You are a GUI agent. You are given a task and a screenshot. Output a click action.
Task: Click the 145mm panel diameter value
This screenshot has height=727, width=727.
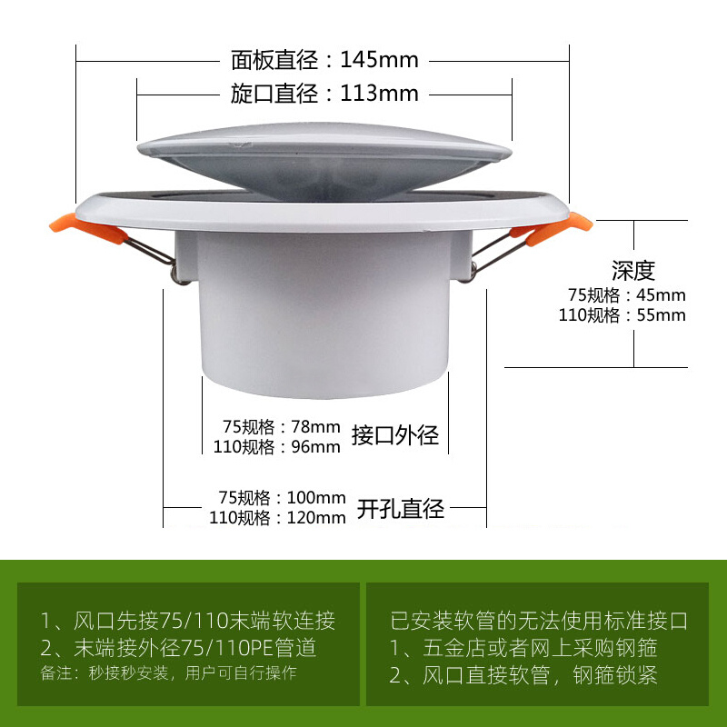click(x=379, y=61)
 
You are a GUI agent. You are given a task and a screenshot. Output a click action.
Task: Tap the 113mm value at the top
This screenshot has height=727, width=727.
click(x=379, y=93)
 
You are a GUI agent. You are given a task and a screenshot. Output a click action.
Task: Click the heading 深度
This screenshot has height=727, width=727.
click(x=632, y=270)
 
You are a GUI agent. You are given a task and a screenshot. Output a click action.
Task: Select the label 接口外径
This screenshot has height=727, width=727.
click(x=395, y=436)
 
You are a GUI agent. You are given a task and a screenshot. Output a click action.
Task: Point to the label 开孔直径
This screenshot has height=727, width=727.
click(x=400, y=508)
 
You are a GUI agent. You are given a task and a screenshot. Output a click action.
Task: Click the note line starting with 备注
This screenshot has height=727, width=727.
click(x=168, y=673)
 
